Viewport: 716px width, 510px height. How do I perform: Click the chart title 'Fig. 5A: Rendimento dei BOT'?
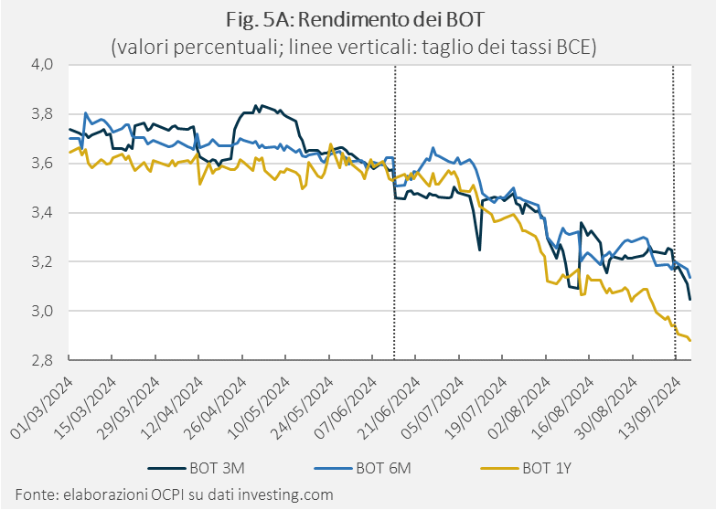355,19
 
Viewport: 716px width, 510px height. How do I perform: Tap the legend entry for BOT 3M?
197,469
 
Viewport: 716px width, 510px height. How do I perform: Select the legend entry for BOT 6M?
363,469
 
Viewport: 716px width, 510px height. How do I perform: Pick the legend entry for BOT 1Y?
527,469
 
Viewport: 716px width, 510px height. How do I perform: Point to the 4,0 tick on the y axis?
42,64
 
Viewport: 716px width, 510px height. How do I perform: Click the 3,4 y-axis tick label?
42,212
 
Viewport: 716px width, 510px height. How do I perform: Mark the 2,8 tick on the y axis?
42,360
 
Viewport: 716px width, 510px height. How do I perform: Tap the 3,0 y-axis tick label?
42,311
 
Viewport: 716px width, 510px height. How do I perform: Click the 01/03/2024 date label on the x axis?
41,408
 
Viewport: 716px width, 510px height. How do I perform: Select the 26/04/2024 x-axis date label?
215,408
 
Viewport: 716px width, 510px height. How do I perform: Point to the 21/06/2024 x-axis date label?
389,408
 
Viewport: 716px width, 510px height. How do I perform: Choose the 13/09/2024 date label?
649,408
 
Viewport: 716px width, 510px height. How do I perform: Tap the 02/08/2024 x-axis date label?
518,408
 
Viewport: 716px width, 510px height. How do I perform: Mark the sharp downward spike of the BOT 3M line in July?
479,250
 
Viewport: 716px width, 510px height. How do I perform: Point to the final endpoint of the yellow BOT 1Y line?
690,340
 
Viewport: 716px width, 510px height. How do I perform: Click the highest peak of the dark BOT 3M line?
256,105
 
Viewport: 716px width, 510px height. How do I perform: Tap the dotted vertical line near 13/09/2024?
674,212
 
